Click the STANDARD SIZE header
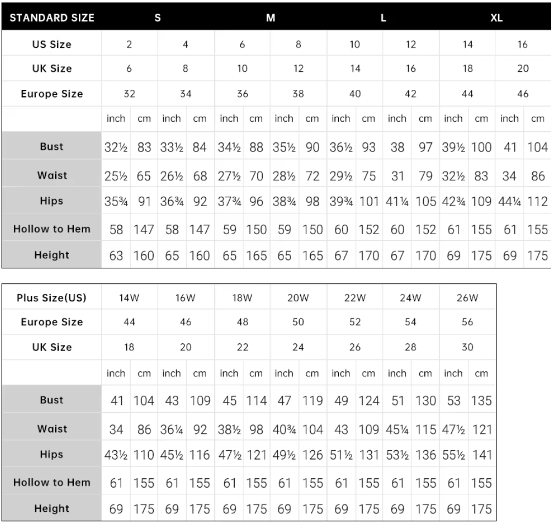(52, 17)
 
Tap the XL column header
(496, 17)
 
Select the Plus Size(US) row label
(52, 298)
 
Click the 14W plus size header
(129, 298)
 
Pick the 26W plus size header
(467, 298)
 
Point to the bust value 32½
(116, 147)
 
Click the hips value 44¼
(509, 202)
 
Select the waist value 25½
(116, 176)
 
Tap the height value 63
(116, 256)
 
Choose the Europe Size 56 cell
(467, 322)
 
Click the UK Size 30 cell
(467, 348)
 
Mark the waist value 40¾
(284, 429)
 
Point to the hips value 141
(482, 455)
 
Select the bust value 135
(482, 401)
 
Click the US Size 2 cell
(129, 45)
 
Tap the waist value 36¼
(172, 429)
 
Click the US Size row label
(52, 45)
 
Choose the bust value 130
(425, 401)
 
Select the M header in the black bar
(271, 17)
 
